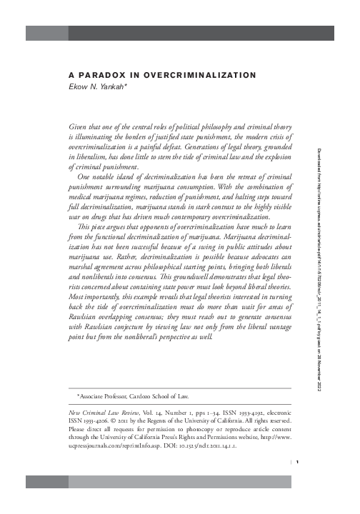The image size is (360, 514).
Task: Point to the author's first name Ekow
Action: pyautogui.click(x=78, y=84)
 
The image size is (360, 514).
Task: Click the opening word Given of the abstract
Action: pyautogui.click(x=77, y=123)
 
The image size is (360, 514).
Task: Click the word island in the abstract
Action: pyautogui.click(x=134, y=175)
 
